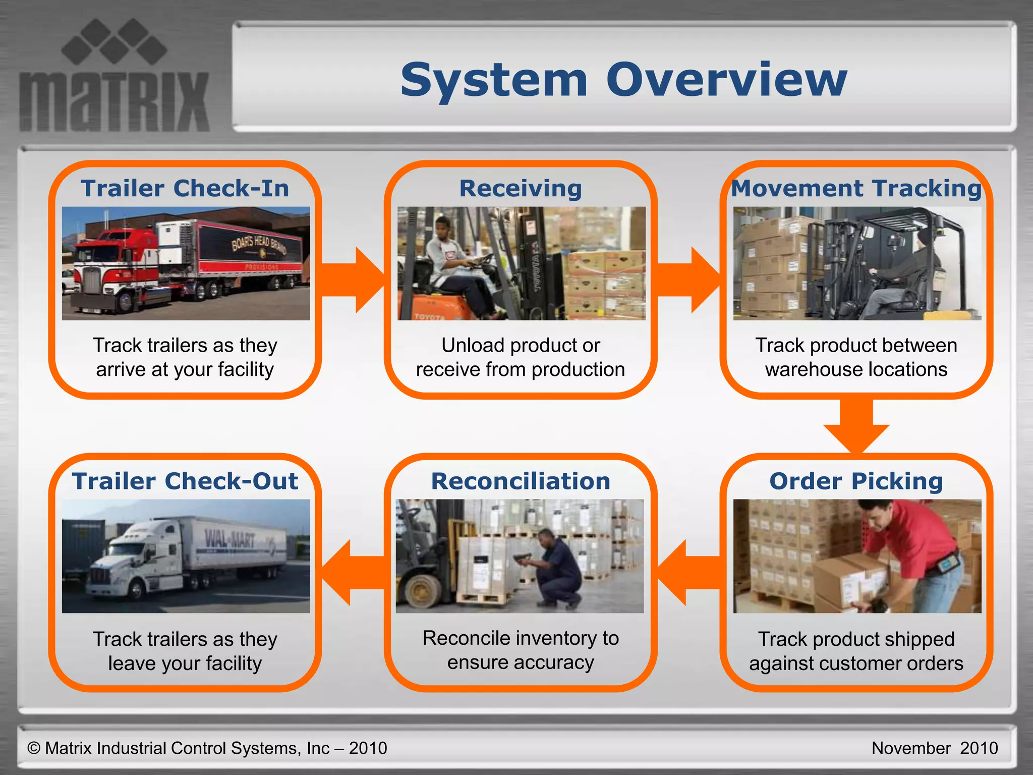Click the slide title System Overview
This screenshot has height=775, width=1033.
pyautogui.click(x=623, y=80)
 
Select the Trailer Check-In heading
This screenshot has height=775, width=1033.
pyautogui.click(x=185, y=188)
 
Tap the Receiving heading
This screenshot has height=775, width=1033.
pyautogui.click(x=521, y=188)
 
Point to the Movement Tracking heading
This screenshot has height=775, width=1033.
pyautogui.click(x=856, y=188)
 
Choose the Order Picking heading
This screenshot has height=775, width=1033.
pyautogui.click(x=856, y=481)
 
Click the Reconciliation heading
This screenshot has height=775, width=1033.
pyautogui.click(x=521, y=481)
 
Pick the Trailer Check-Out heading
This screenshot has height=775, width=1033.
pyautogui.click(x=185, y=481)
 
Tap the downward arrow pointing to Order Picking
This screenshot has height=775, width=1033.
pyautogui.click(x=856, y=426)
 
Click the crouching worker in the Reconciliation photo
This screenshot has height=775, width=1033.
pyautogui.click(x=557, y=568)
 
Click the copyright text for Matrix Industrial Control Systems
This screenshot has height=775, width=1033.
pyautogui.click(x=207, y=748)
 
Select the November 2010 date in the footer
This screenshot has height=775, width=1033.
pyautogui.click(x=934, y=748)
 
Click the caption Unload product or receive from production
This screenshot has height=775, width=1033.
pyautogui.click(x=521, y=357)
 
